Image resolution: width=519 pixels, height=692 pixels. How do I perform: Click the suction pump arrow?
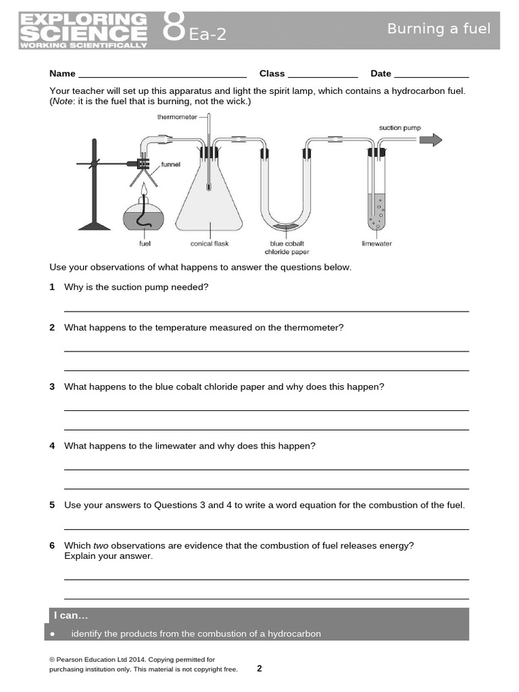coord(430,140)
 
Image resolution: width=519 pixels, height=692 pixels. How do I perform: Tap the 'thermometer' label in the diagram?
coord(177,116)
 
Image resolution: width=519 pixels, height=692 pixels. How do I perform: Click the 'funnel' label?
coord(171,164)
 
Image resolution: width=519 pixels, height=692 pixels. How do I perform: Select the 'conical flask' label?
coord(210,243)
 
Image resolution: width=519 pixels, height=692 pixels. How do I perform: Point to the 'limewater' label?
coord(377,243)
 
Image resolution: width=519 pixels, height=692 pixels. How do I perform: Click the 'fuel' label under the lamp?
coord(145,243)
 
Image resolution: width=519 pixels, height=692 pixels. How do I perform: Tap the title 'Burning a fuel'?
coord(439,28)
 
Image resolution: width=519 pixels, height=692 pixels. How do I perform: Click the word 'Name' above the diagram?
coord(62,74)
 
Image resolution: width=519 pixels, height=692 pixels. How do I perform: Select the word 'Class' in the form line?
coord(272,74)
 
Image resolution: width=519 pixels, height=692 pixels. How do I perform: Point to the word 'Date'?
coord(380,74)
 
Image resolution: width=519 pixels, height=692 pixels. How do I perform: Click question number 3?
coord(52,387)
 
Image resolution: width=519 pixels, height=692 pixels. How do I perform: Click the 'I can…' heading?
coord(71,615)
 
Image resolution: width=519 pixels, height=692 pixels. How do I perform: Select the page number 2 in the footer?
coord(259,668)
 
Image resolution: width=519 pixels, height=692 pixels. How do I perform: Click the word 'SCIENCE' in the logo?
coord(83,33)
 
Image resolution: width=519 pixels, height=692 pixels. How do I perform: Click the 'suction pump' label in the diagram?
coord(399,128)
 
